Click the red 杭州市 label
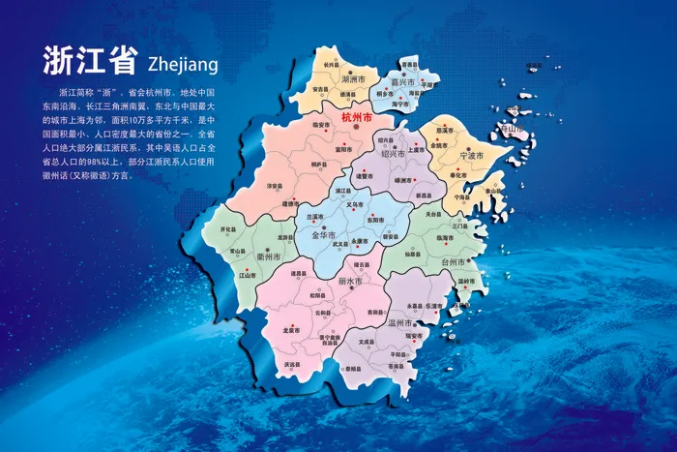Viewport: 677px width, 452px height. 358,115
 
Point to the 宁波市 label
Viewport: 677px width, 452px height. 471,154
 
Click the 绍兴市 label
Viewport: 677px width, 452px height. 393,154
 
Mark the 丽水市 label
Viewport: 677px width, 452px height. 349,281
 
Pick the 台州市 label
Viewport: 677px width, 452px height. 454,261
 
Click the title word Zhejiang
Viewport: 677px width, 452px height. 184,64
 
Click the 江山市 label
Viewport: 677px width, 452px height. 246,274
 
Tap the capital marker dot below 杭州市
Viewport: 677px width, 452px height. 357,126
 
